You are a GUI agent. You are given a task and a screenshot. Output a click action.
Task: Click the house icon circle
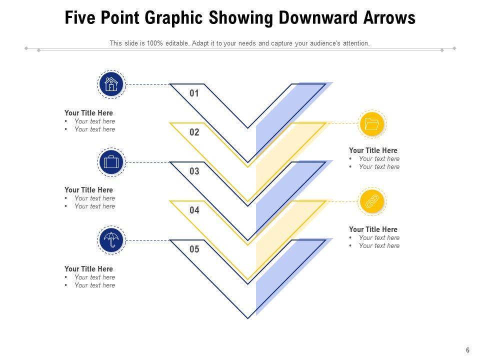point(111,84)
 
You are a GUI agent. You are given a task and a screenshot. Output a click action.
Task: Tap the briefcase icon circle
point(111,162)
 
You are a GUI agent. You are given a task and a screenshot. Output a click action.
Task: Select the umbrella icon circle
point(111,240)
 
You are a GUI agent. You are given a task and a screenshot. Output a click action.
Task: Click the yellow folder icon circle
point(372,124)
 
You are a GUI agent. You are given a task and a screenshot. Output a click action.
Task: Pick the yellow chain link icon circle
point(372,201)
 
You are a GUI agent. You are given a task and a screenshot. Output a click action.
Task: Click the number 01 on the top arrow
point(194,93)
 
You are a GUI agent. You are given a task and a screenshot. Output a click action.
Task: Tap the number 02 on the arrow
point(194,132)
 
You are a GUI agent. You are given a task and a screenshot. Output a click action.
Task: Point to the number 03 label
point(194,171)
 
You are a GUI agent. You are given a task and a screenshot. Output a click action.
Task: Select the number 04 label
point(194,210)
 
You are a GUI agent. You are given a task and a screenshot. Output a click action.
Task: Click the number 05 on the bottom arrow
point(194,249)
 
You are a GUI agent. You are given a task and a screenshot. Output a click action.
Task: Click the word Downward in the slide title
point(318,17)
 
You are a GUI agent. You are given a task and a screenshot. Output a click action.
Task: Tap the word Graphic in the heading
point(174,18)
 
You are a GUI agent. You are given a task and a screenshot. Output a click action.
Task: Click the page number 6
point(467,350)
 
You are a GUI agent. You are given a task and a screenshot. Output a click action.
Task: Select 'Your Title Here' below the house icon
point(89,113)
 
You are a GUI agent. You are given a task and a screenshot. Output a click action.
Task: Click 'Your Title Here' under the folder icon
point(373,150)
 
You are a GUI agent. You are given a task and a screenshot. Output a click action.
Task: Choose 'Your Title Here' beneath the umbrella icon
point(89,269)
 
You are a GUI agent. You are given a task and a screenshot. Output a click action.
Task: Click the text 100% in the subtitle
point(154,43)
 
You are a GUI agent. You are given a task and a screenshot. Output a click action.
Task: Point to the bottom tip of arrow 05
point(248,318)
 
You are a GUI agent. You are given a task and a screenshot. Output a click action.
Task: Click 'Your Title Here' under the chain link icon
point(373,229)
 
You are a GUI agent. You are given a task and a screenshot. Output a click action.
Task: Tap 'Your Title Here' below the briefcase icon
point(89,190)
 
